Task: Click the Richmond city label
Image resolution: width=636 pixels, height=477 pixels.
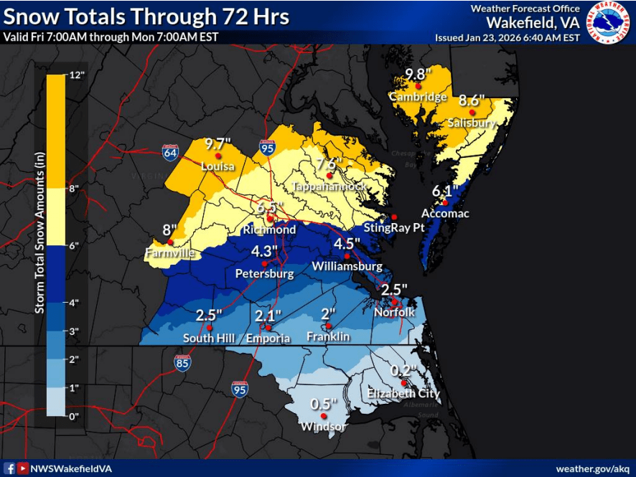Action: (x=269, y=230)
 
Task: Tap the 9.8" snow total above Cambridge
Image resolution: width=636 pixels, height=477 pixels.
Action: (x=417, y=73)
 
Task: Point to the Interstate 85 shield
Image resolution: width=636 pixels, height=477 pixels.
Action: (x=182, y=362)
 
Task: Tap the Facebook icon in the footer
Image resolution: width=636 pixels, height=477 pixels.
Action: (x=10, y=468)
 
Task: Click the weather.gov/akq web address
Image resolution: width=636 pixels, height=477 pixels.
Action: (x=594, y=468)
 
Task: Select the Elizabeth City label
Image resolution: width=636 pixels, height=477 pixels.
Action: (x=403, y=394)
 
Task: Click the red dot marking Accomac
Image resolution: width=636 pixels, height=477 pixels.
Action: (x=445, y=202)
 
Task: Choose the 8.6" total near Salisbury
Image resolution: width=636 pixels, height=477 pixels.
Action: (x=472, y=100)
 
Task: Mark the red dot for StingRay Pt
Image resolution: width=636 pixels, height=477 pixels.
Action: (x=393, y=217)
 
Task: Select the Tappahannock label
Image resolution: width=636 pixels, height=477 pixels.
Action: (x=329, y=186)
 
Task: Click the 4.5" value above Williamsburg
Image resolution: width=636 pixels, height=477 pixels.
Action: (x=347, y=243)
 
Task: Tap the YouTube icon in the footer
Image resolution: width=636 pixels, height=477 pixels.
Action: (x=23, y=468)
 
